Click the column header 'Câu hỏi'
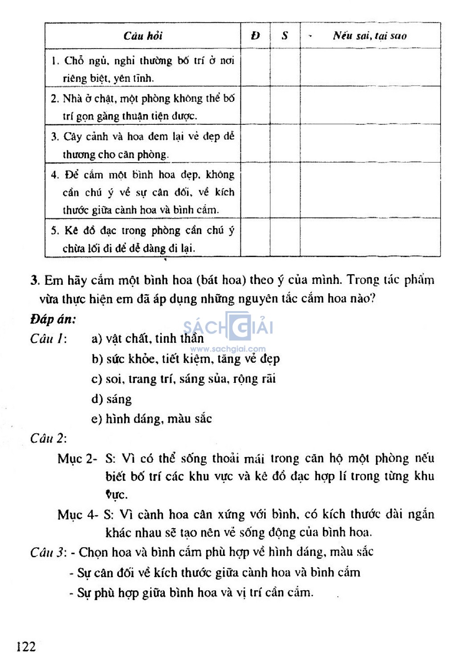tap(143, 36)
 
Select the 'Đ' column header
tap(255, 36)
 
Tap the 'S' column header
tap(285, 36)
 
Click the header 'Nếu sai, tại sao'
tap(370, 36)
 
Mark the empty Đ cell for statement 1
tap(255, 68)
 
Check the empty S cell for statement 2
tap(285, 106)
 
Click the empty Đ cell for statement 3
tap(255, 144)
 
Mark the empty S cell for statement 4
tap(285, 191)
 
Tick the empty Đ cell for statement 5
tap(255, 238)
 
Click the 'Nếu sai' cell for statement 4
tap(370, 191)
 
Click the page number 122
tap(26, 646)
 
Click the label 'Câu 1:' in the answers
tap(49, 339)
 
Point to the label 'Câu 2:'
tap(49, 439)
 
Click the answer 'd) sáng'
tap(111, 399)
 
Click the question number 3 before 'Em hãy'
tap(35, 280)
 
